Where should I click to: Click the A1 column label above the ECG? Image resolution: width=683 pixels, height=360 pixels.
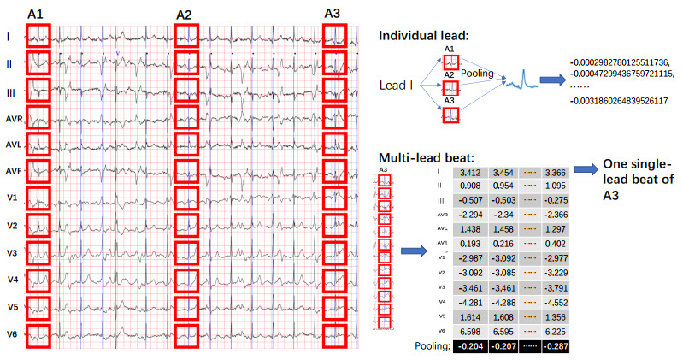click(x=38, y=15)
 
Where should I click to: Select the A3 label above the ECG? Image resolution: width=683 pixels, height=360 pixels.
click(x=333, y=13)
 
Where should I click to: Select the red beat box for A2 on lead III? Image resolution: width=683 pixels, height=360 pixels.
click(x=186, y=91)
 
